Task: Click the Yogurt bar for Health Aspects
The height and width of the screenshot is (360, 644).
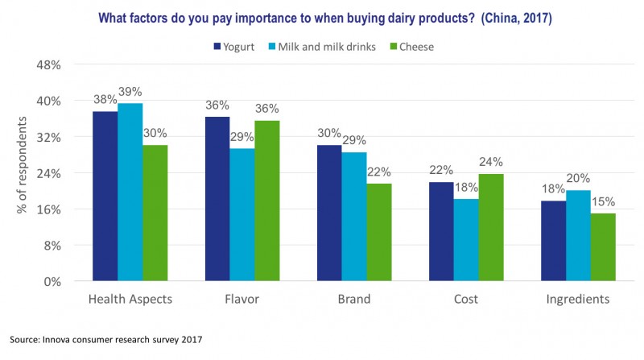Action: click(105, 196)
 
